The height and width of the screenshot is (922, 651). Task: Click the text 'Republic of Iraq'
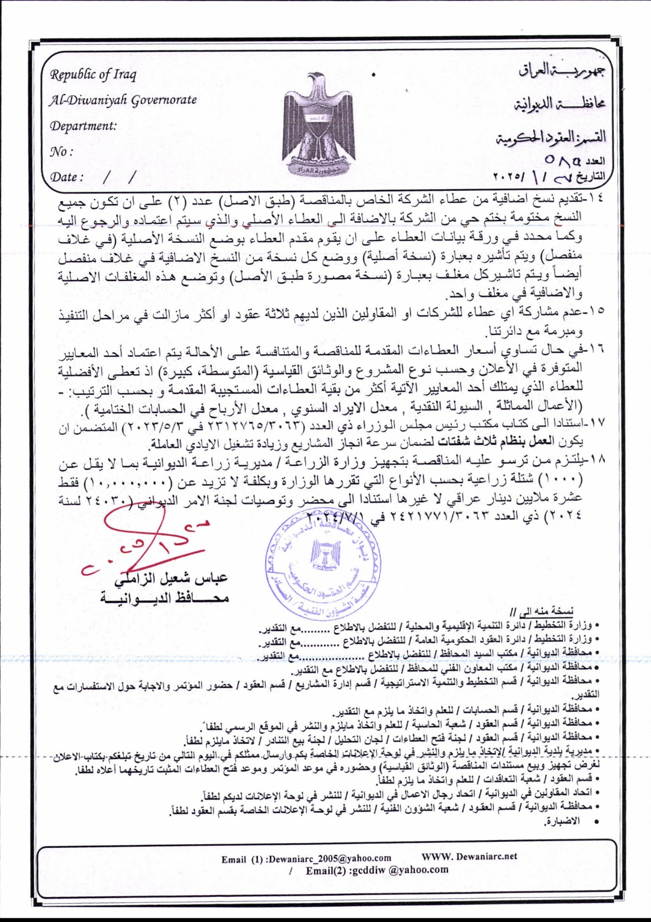coord(93,74)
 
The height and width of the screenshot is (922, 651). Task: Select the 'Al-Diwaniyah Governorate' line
coord(123,100)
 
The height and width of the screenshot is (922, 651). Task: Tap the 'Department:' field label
coord(83,126)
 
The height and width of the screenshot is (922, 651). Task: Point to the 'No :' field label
coord(61,152)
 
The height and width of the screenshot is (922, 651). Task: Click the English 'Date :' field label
coord(67,177)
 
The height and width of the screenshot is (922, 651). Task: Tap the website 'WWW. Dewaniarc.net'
coord(469,856)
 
